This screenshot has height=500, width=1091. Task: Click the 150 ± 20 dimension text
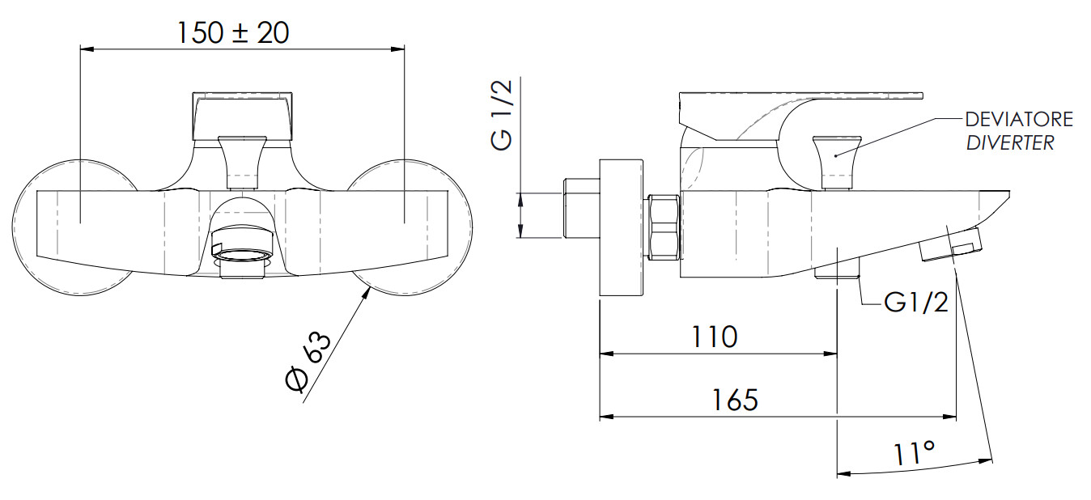pyautogui.click(x=233, y=33)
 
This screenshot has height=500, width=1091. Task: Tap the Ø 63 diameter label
pyautogui.click(x=308, y=362)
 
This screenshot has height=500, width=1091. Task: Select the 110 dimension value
pyautogui.click(x=715, y=337)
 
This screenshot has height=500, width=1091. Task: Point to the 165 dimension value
pyautogui.click(x=735, y=400)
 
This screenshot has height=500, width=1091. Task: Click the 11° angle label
pyautogui.click(x=915, y=453)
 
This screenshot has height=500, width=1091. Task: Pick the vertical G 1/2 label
pyautogui.click(x=502, y=115)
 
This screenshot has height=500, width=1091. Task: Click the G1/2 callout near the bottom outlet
pyautogui.click(x=916, y=303)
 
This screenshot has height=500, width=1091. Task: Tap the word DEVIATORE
pyautogui.click(x=1019, y=119)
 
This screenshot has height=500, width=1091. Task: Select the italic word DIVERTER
pyautogui.click(x=1010, y=142)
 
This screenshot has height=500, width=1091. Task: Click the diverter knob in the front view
pyautogui.click(x=242, y=162)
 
